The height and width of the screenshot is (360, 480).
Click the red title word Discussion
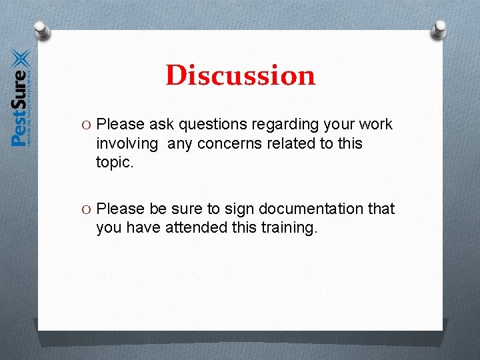(240, 75)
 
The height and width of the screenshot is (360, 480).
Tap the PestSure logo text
(19, 107)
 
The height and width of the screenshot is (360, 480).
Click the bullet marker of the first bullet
(88, 125)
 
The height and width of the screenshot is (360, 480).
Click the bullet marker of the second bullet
(88, 209)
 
